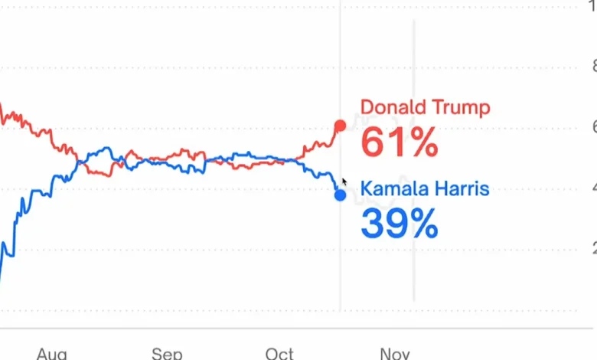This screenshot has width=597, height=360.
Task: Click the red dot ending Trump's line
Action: [340, 126]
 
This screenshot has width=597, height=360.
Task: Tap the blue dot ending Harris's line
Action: [340, 195]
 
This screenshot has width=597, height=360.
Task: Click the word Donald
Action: [395, 107]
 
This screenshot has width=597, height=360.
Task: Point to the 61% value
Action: [399, 142]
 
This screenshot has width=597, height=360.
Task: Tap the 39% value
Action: [399, 224]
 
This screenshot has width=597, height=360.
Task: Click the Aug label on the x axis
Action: [52, 353]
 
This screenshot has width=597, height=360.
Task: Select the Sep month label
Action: [167, 353]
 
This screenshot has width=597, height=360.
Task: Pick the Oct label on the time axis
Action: [279, 353]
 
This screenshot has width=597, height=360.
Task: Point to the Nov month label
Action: [394, 353]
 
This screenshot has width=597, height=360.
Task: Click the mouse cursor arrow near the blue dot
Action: [344, 182]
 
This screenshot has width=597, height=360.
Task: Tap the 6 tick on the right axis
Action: [591, 127]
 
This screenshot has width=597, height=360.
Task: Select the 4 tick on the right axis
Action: [591, 188]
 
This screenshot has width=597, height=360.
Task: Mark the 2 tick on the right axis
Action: [591, 249]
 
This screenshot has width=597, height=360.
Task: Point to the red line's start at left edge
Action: [2, 107]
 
